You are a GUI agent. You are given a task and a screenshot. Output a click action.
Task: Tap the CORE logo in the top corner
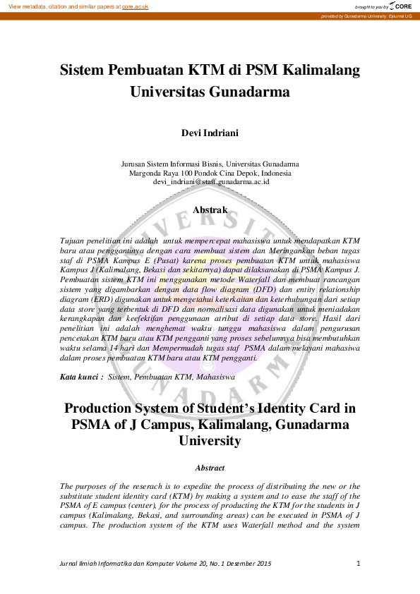pyautogui.click(x=400, y=6)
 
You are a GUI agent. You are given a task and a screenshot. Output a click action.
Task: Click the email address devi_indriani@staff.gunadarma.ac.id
pyautogui.click(x=210, y=181)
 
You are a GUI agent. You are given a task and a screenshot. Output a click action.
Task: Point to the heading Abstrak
pyautogui.click(x=210, y=210)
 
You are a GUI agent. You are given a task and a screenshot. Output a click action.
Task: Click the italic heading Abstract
pyautogui.click(x=210, y=468)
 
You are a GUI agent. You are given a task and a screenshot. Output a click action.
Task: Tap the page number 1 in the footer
pyautogui.click(x=359, y=563)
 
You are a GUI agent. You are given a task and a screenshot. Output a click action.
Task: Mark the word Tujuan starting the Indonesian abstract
pyautogui.click(x=74, y=241)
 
